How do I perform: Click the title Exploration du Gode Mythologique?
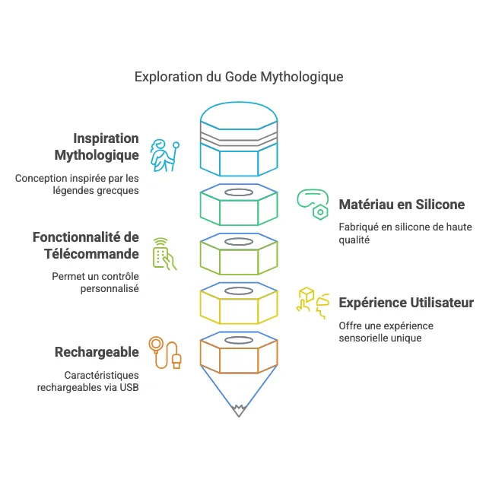pos(238,77)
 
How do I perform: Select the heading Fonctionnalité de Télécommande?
pos(86,246)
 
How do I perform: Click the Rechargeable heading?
pos(97,352)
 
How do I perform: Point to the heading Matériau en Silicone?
pos(402,205)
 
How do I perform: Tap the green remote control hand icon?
pos(164,253)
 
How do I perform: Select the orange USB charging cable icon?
pos(165,353)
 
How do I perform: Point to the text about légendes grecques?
pos(77,184)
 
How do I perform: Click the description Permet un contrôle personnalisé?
pos(95,282)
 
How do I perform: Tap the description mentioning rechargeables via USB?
pos(87,381)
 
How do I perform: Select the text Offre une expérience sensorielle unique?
pos(386,332)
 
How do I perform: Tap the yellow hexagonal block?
pos(239,305)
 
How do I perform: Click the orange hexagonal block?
pos(239,354)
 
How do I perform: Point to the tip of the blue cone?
pos(240,413)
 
